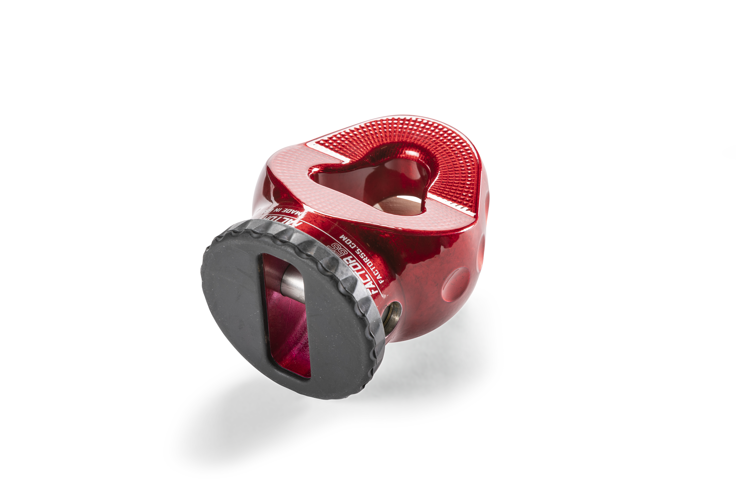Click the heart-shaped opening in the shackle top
click(x=369, y=185)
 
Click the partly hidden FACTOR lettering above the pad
click(x=282, y=221)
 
